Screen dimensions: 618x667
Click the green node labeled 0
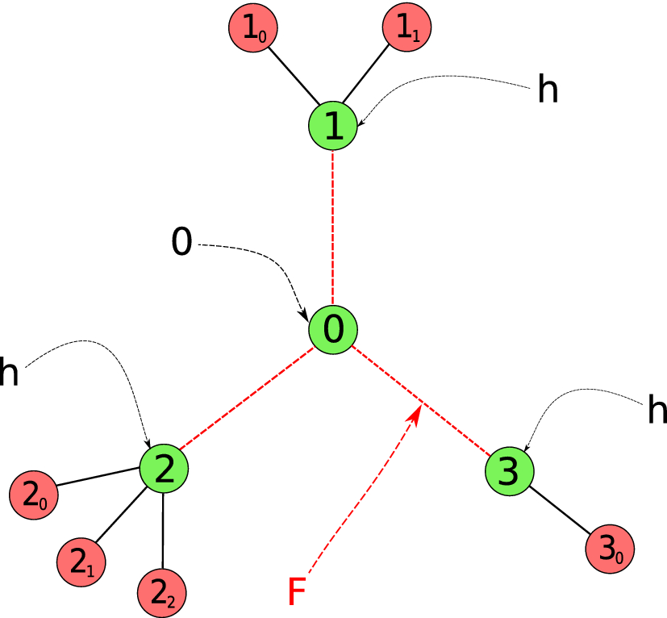332,329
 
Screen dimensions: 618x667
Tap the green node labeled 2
164,469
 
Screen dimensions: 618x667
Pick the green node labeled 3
509,470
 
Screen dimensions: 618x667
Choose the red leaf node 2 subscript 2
163,593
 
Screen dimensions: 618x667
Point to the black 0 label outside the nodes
182,243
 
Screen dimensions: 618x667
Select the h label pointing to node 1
548,91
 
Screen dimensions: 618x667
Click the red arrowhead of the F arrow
415,413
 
